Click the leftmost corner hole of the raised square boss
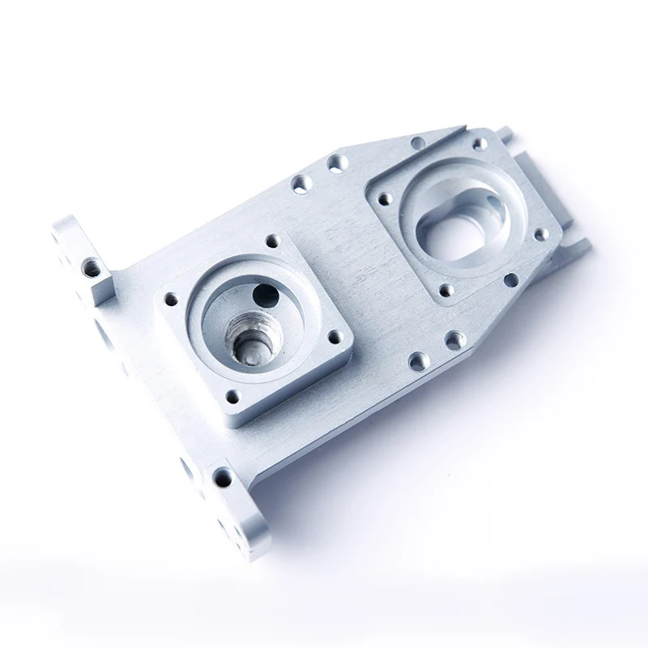[x=171, y=299]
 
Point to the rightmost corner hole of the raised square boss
[x=333, y=336]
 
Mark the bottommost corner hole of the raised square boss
[x=233, y=396]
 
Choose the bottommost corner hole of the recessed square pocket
[x=445, y=289]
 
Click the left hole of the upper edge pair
[x=301, y=184]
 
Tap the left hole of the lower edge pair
[x=418, y=360]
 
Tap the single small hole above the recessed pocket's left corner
[x=418, y=143]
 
